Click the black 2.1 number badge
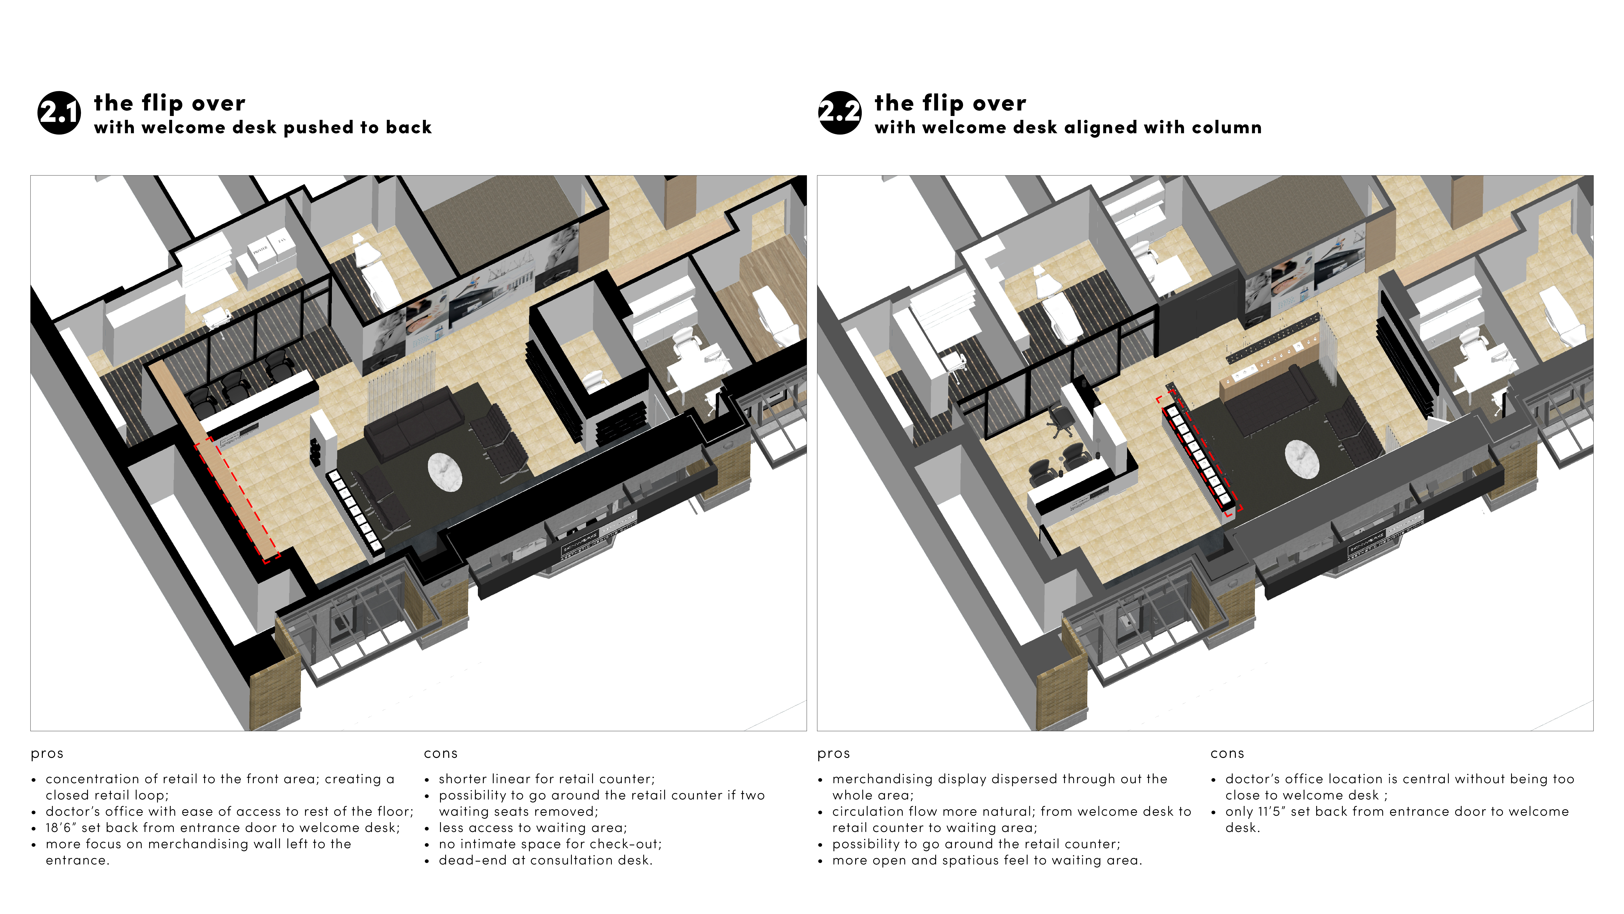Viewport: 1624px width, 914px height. pyautogui.click(x=59, y=113)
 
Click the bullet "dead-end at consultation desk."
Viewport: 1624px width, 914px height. pyautogui.click(x=545, y=860)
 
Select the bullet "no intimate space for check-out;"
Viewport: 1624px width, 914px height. pyautogui.click(x=550, y=844)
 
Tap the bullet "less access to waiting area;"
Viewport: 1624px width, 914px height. pyautogui.click(x=533, y=828)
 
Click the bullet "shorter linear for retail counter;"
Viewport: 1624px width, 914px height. pyautogui.click(x=547, y=779)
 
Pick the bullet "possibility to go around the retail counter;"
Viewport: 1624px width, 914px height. pyautogui.click(x=976, y=844)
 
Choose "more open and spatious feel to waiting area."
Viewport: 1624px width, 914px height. pyautogui.click(x=987, y=860)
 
